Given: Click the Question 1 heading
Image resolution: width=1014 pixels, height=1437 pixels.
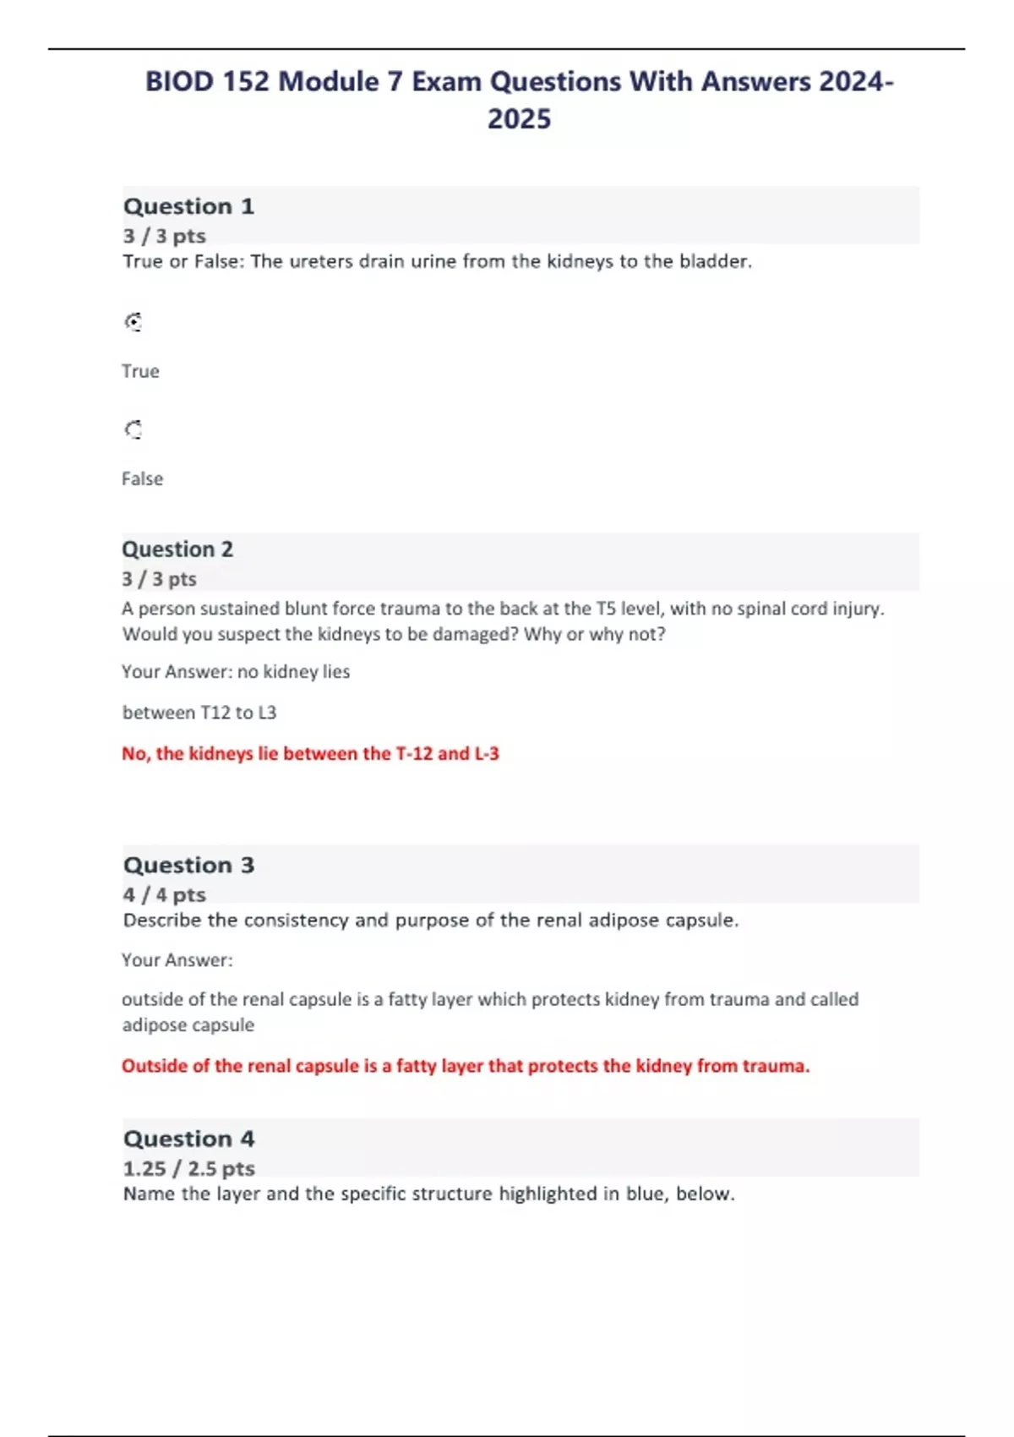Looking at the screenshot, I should [x=188, y=206].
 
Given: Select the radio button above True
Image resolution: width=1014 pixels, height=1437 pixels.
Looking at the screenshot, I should [x=134, y=322].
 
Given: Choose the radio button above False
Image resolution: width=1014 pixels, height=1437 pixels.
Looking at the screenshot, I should [x=134, y=430].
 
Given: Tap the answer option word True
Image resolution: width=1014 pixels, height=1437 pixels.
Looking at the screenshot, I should [x=140, y=371].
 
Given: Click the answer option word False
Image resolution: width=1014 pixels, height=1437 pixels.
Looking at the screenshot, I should [x=142, y=478].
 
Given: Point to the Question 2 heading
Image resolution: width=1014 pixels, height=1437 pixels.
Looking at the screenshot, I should [x=177, y=549].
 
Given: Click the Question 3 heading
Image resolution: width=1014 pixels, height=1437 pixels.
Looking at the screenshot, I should [x=188, y=865].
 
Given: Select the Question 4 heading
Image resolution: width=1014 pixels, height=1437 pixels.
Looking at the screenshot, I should [x=188, y=1139].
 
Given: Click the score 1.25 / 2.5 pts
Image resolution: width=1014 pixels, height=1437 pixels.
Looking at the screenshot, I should [x=188, y=1168].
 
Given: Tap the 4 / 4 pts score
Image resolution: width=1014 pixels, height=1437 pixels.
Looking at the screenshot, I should [x=164, y=894].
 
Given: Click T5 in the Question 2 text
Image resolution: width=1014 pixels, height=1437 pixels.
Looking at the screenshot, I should [x=606, y=609].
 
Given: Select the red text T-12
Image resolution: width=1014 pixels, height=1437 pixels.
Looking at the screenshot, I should [x=414, y=753].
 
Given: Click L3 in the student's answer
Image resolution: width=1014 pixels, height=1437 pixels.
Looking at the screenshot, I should [x=267, y=713].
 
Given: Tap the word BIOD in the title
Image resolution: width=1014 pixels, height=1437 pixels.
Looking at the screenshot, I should [x=179, y=81].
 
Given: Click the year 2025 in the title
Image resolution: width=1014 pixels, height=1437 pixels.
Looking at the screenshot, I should [x=519, y=118].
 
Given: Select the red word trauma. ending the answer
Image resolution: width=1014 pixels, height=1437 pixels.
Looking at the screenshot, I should [x=776, y=1066].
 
